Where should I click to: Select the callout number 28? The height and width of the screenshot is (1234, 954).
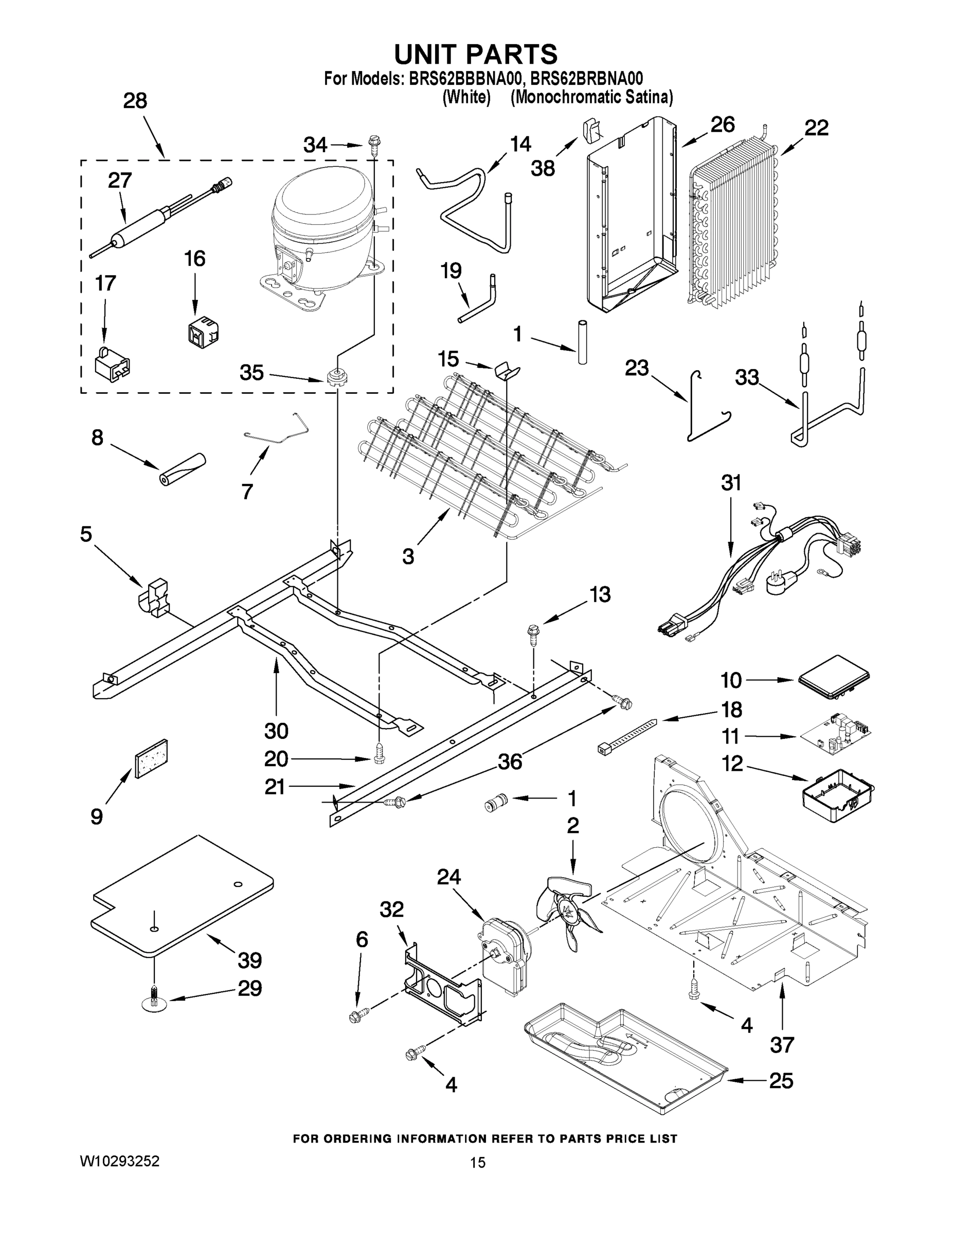(135, 101)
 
